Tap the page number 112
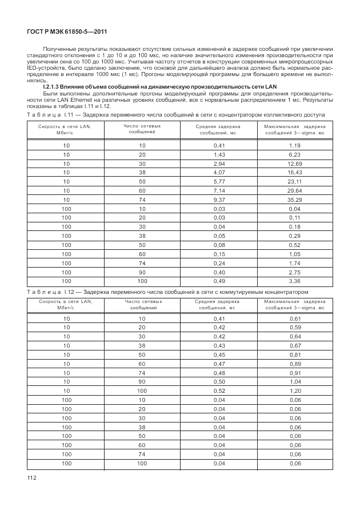click(x=32, y=477)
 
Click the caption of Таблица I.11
click(x=175, y=115)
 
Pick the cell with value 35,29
click(x=295, y=200)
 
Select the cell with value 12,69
click(x=295, y=163)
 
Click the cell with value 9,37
click(x=219, y=200)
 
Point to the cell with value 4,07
click(x=219, y=172)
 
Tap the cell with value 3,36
click(x=295, y=281)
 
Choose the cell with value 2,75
click(x=295, y=272)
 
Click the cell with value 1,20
click(x=295, y=390)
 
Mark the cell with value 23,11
click(x=295, y=181)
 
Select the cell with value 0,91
click(x=295, y=372)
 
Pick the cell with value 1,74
click(x=295, y=263)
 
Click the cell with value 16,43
click(x=295, y=172)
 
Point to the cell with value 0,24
click(x=219, y=263)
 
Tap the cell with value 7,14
click(x=219, y=190)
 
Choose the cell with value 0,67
click(x=295, y=345)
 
